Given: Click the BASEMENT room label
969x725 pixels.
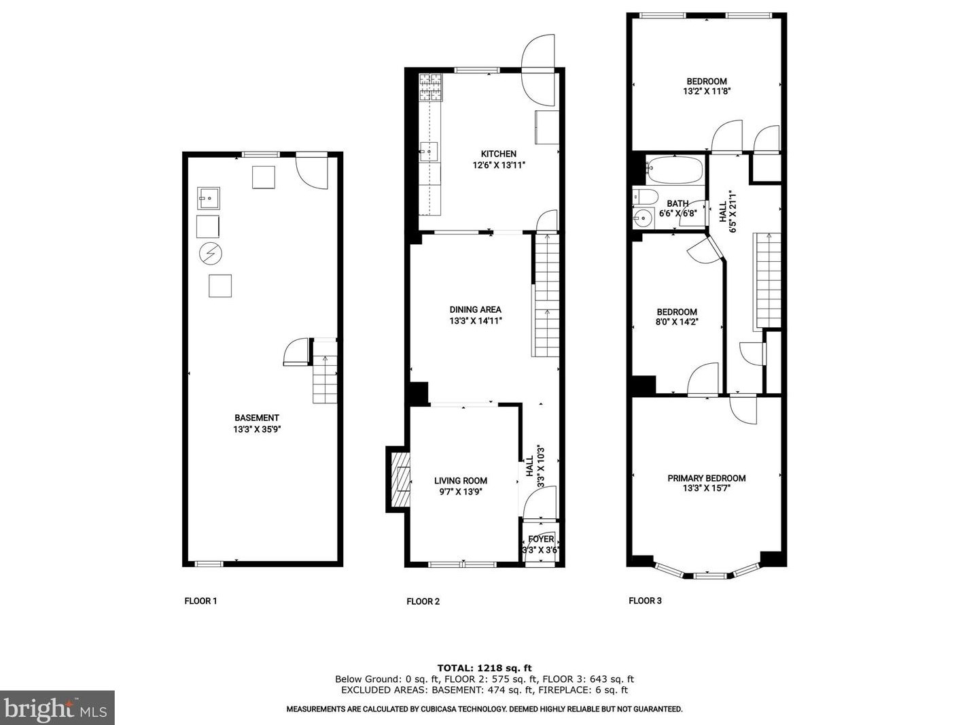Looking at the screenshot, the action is (256, 418).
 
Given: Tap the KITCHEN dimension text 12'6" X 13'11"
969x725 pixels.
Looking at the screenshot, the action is (498, 165).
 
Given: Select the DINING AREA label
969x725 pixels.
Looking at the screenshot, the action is (476, 309).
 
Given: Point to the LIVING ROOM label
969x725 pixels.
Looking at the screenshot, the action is (461, 481).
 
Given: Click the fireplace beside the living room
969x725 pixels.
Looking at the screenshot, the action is (399, 479).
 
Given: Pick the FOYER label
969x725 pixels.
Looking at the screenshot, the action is (541, 539).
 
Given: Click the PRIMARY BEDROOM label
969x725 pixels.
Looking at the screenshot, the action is (706, 478).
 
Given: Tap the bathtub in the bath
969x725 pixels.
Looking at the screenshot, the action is (674, 169).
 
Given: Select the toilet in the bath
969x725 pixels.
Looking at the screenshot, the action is (645, 196).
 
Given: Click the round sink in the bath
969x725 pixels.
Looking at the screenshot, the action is (643, 218).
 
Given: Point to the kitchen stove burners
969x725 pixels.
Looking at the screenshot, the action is (430, 87).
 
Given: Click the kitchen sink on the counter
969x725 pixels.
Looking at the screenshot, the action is (428, 152).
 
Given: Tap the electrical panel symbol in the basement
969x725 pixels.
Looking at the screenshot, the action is (211, 254).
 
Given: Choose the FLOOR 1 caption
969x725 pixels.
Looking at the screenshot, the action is (201, 601).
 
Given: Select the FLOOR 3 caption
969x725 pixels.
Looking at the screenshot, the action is (645, 601).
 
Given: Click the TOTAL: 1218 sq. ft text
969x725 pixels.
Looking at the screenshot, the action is (484, 668).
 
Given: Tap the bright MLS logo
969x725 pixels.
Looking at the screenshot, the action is (56, 708).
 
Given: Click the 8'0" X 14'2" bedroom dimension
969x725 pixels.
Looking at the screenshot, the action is (677, 322).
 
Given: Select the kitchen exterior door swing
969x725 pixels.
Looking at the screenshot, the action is (538, 70).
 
